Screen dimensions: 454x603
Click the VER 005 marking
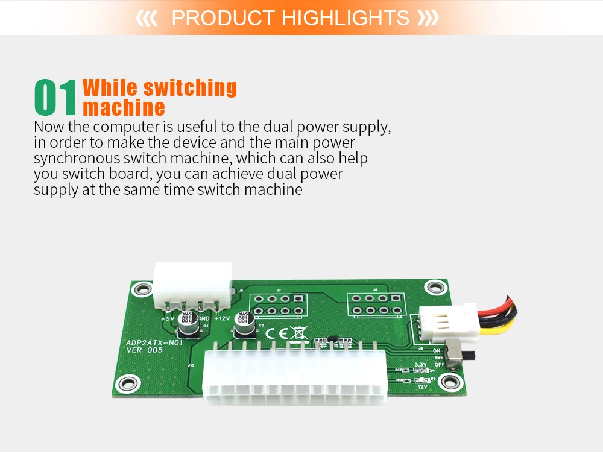[x=144, y=350]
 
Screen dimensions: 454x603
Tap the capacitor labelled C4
[x=186, y=323]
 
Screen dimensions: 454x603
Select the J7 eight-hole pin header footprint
[x=278, y=305]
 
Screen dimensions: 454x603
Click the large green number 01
[x=55, y=98]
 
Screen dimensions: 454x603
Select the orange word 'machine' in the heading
[x=124, y=108]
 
